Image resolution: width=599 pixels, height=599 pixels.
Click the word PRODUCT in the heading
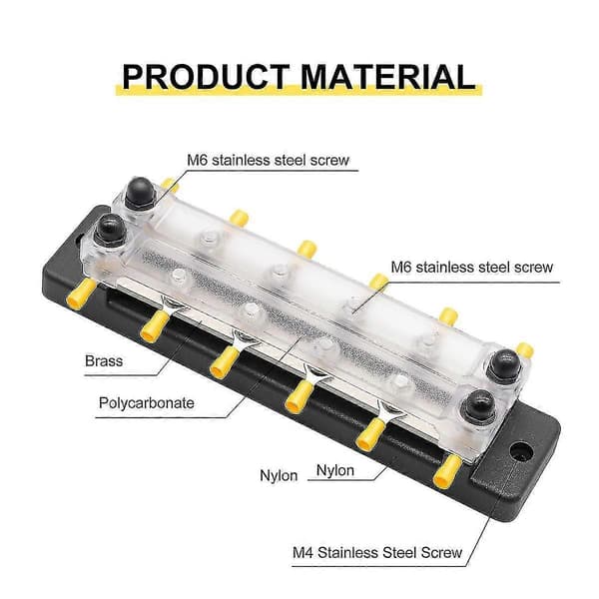coord(206,77)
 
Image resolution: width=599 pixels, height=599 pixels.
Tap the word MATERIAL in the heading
coord(387,77)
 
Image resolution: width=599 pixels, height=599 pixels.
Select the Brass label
coord(104,361)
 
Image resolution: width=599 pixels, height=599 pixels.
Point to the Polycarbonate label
coord(147,403)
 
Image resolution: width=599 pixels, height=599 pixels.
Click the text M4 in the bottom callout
coord(302,552)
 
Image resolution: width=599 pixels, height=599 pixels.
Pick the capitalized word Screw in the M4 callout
coord(441,552)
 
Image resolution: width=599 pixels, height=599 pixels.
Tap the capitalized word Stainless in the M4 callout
coord(348,552)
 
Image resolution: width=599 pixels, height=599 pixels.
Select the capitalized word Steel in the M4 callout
coord(399,552)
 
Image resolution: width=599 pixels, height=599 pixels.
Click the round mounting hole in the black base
coord(521,451)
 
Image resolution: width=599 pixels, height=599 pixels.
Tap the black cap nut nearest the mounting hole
coord(479,405)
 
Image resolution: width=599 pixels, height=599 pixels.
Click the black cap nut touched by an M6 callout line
coord(140,193)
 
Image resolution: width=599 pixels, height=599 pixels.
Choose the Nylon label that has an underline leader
coord(335,470)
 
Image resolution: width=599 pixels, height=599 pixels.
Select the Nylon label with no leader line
coord(279,475)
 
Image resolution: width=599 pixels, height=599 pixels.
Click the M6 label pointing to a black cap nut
coord(269,160)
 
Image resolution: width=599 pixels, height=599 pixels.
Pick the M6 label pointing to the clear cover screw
coord(472,267)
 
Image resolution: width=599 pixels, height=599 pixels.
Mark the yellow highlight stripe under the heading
coord(299,90)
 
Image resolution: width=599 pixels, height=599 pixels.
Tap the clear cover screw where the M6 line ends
coord(354,304)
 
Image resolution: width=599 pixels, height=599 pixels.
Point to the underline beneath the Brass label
coord(121,375)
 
